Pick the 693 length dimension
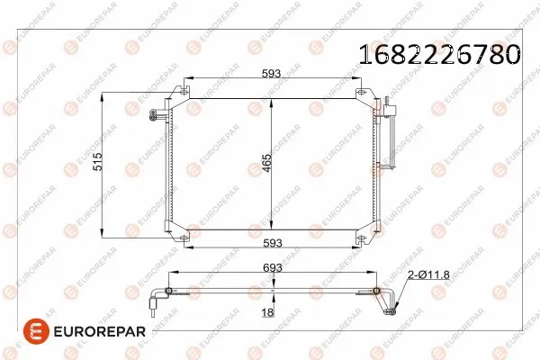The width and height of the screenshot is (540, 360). pos(273,268)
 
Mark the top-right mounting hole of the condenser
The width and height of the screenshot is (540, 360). pos(361,93)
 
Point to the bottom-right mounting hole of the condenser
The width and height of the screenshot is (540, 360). pos(361,239)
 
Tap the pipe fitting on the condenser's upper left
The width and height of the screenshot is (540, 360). pos(157,113)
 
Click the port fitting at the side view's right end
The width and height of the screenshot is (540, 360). pos(389,311)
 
